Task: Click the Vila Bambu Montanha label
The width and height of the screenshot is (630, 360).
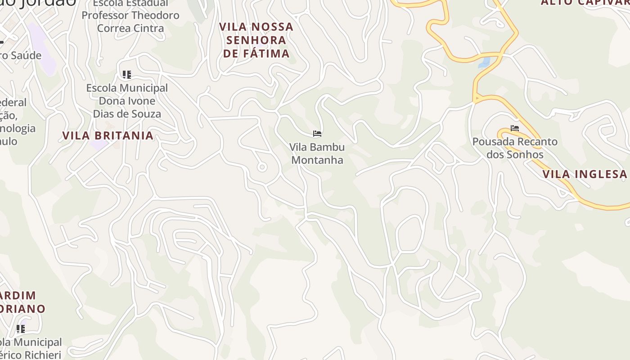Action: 317,153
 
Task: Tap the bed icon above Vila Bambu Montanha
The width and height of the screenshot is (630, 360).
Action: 317,134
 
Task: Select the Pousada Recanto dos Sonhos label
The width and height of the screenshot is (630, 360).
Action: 515,148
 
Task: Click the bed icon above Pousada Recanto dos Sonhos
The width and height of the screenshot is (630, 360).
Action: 515,128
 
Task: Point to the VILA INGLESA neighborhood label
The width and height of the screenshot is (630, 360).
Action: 585,174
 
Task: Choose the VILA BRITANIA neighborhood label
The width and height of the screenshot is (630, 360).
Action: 108,135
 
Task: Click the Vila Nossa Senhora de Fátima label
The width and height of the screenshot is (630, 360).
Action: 256,40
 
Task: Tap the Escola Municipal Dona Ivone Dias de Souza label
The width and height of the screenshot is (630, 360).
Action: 127,101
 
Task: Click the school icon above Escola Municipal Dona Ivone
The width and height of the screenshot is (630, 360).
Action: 127,74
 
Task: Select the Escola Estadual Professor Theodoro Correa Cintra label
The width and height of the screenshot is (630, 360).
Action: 130,16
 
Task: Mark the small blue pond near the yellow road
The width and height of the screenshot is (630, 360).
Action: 484,62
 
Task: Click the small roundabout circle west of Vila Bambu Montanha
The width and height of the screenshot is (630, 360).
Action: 262,167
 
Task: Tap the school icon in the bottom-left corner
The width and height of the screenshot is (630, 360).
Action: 21,329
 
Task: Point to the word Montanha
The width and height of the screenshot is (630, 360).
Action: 317,160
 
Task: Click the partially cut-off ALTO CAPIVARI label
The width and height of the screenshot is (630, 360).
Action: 585,3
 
